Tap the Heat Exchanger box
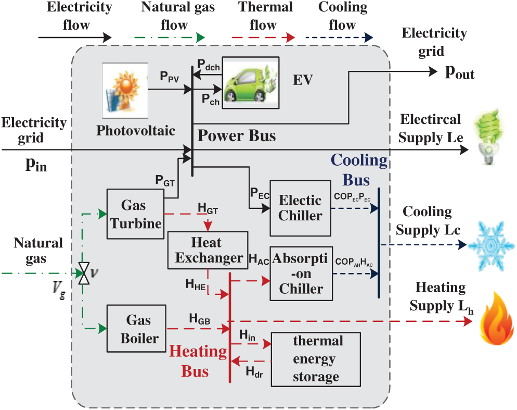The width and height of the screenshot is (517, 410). point(206,250)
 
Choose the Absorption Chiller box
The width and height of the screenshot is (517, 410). point(301,274)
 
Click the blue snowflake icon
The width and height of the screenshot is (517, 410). point(488,245)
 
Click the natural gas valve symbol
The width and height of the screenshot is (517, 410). point(83,273)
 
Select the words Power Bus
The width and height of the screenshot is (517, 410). point(237,136)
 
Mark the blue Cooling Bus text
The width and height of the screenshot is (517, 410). point(359,169)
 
